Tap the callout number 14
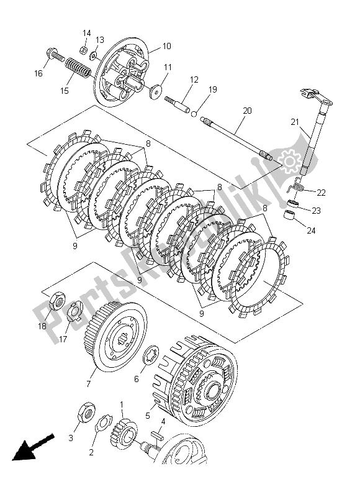[x=86, y=33]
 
